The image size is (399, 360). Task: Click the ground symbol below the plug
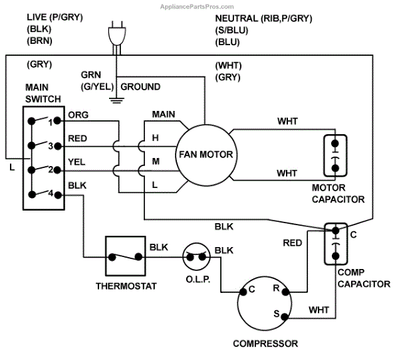[x=116, y=100]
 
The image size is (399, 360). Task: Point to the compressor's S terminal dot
[x=285, y=317]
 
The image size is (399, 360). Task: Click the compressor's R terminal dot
[x=285, y=292]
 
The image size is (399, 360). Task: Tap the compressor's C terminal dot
[x=243, y=292]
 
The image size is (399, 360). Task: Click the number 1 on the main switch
[x=51, y=122]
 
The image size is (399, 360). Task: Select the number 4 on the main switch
[x=51, y=193]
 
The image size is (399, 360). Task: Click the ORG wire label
[x=78, y=115]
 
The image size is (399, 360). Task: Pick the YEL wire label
[x=76, y=162]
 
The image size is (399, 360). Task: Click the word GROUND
[x=140, y=87]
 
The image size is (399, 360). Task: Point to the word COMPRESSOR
[x=265, y=344]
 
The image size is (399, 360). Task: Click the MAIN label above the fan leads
[x=164, y=114]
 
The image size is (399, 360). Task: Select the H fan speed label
[x=155, y=138]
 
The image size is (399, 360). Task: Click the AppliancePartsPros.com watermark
[x=197, y=7]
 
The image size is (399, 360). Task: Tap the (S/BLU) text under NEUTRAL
[x=231, y=31]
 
